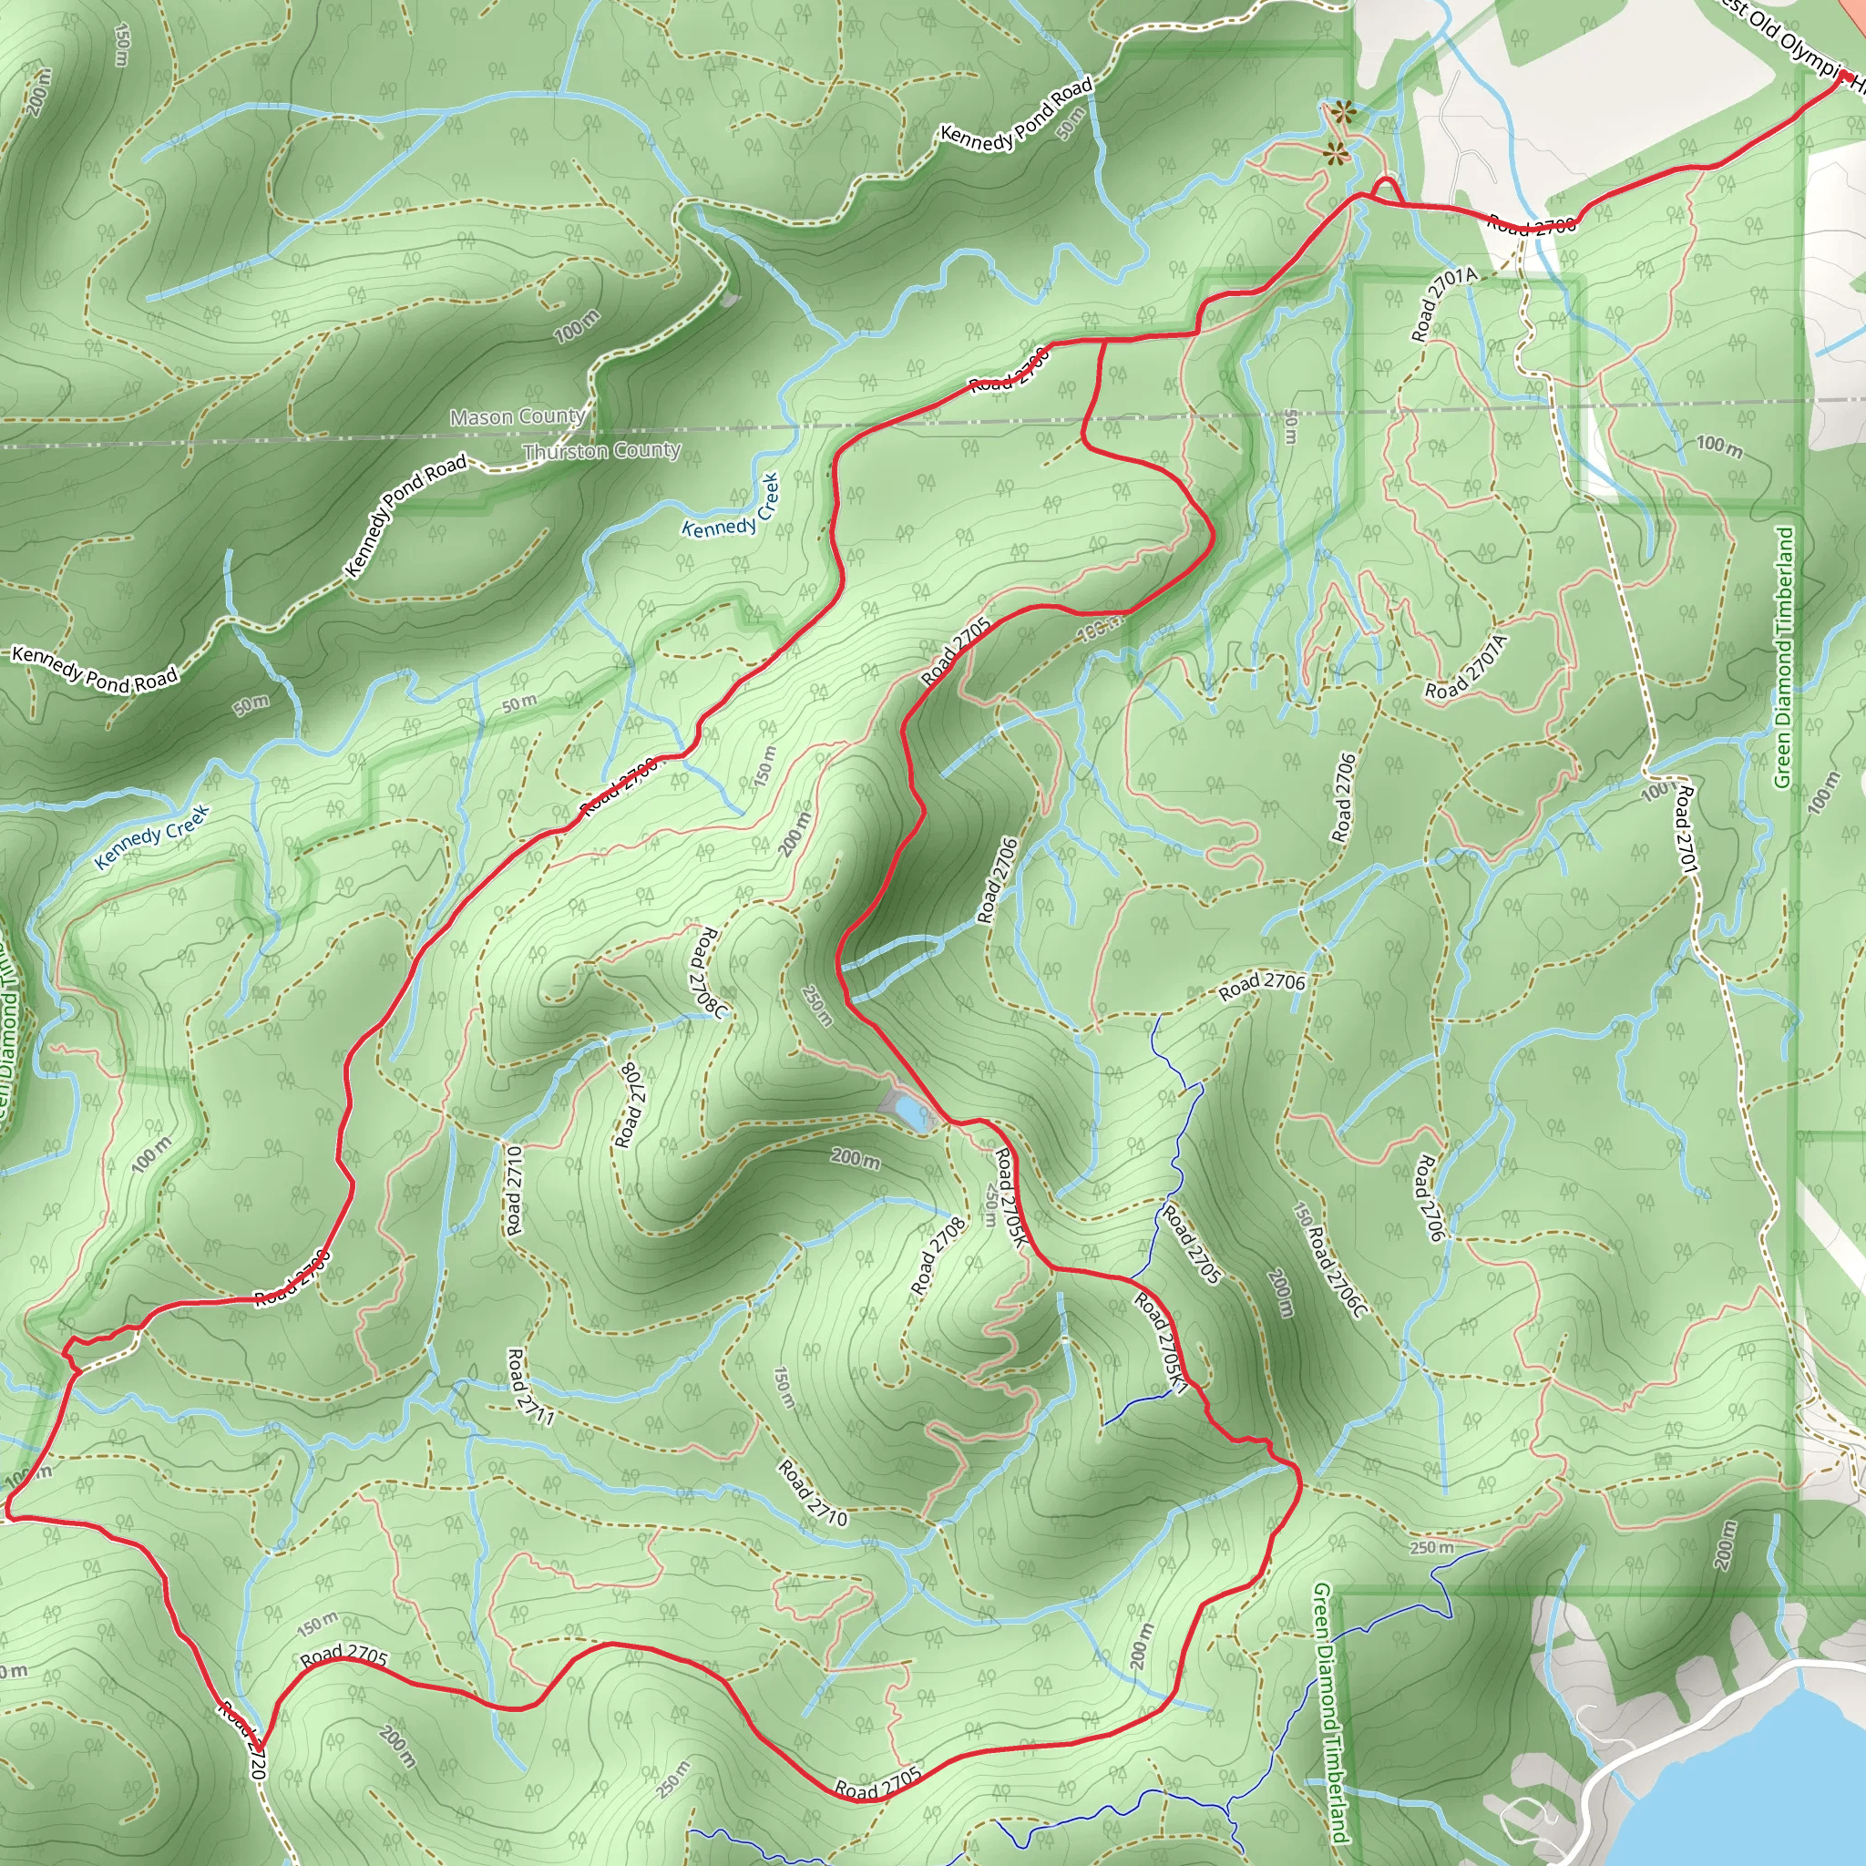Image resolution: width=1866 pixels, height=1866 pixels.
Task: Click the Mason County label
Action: point(518,417)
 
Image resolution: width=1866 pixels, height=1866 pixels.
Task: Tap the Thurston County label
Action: point(601,451)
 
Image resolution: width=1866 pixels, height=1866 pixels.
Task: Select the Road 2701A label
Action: point(1444,304)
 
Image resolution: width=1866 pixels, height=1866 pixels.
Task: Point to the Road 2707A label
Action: point(1465,667)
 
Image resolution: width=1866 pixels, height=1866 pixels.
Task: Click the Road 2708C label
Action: point(707,971)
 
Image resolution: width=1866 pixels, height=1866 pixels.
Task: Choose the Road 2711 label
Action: point(530,1387)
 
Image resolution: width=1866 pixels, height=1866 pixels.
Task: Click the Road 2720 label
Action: point(241,1739)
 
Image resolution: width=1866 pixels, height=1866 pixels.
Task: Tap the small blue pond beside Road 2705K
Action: point(911,1111)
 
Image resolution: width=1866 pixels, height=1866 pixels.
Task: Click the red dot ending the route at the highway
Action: point(1844,76)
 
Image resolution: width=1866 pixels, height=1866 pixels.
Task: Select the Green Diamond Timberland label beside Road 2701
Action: point(1785,657)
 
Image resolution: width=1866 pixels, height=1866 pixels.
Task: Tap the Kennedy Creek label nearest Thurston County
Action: point(730,508)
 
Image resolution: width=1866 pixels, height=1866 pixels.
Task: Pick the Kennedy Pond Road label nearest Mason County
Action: point(405,516)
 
